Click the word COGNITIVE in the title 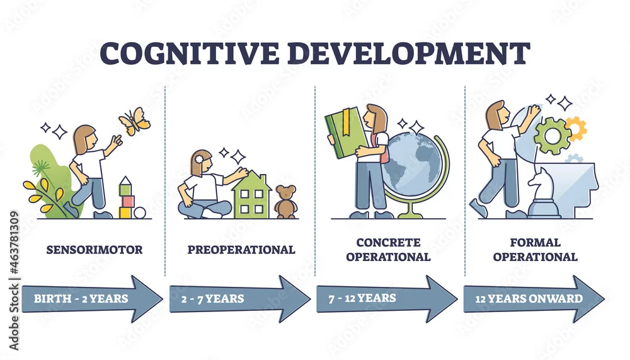(189, 53)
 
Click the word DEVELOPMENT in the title (409, 53)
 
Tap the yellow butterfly (135, 121)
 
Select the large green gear (553, 136)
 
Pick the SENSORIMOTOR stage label (94, 250)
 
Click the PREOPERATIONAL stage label (241, 250)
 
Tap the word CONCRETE (388, 243)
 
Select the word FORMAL (535, 243)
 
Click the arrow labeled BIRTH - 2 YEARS (93, 299)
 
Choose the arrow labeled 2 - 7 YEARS (240, 299)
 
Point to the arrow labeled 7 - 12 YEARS (387, 299)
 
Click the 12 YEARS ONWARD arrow (534, 299)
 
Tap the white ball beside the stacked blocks (140, 212)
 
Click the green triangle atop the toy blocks (125, 182)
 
